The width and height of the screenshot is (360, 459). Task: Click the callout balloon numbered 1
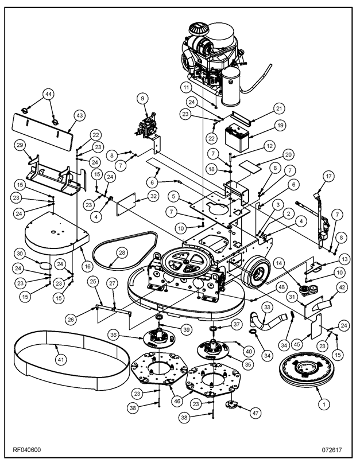(x=325, y=404)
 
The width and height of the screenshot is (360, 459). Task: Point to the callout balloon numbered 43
(x=79, y=115)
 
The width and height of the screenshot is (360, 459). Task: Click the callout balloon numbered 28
(x=122, y=252)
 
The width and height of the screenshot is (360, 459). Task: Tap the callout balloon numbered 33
(x=266, y=308)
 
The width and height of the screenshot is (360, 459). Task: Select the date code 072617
(x=332, y=449)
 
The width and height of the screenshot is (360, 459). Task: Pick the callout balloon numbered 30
(x=19, y=253)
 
